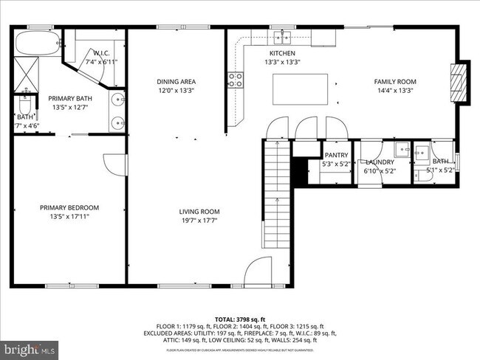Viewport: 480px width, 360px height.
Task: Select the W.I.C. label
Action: pos(102,53)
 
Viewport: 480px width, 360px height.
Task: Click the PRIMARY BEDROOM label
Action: pos(69,207)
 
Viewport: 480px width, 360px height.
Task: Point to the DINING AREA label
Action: pos(176,81)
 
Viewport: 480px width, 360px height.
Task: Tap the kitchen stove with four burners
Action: pos(236,80)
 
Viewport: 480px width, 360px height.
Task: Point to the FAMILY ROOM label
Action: pos(395,81)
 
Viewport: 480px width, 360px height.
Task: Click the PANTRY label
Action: pos(336,155)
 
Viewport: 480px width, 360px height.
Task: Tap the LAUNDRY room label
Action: pos(380,162)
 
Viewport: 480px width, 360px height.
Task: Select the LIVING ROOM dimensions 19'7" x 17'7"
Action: pos(199,221)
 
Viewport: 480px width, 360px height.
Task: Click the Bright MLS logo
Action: pos(30,347)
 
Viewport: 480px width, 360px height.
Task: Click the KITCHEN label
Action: pos(282,54)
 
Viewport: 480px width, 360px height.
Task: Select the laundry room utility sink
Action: pos(402,150)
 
